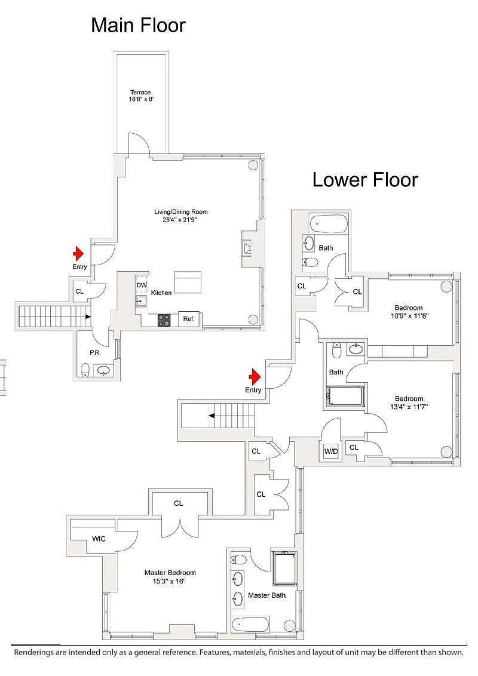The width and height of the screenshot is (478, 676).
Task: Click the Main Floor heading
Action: [x=138, y=26]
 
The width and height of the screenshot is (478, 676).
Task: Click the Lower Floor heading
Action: [x=365, y=180]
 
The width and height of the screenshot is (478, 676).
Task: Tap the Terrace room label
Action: [x=140, y=92]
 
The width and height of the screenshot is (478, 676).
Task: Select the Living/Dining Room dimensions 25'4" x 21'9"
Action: [x=181, y=219]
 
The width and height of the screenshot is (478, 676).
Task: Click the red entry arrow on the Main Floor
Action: [x=78, y=254]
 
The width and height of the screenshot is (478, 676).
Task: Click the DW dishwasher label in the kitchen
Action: [x=142, y=285]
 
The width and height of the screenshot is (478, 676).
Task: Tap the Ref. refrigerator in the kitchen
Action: [x=189, y=319]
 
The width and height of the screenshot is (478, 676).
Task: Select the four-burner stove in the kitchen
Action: [x=164, y=319]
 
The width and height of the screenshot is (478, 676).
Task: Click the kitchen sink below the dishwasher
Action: [x=141, y=301]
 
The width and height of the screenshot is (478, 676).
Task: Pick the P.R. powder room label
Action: [x=95, y=353]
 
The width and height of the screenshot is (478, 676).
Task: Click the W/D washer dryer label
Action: [x=331, y=451]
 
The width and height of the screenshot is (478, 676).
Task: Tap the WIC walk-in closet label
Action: [x=99, y=539]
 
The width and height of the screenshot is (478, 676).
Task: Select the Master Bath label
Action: [x=266, y=595]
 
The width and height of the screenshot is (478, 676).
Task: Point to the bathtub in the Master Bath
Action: [x=250, y=625]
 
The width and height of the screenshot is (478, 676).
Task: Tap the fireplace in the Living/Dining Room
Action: [x=247, y=248]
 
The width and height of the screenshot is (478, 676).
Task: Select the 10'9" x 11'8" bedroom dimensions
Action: [x=408, y=316]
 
